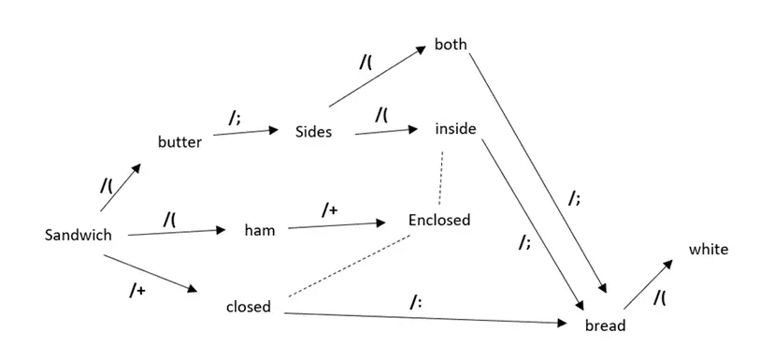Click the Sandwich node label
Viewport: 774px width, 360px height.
coord(78,236)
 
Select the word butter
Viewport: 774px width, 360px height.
coord(179,142)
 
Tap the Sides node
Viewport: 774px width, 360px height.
coord(313,132)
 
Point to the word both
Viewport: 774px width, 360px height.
coord(451,45)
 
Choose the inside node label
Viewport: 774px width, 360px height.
coord(456,129)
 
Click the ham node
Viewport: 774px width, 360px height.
coord(259,229)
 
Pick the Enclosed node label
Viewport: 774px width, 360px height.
coord(439,221)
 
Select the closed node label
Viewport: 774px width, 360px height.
coord(249,307)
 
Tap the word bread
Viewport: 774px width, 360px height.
coord(605,325)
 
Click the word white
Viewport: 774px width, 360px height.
coord(708,249)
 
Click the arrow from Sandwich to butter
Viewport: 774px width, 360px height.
coord(120,187)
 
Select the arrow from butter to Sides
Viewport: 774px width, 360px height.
coord(246,133)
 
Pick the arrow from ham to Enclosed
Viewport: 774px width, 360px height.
coord(337,224)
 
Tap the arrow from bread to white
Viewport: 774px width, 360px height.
coord(647,282)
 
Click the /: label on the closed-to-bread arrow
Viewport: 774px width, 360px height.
coord(416,301)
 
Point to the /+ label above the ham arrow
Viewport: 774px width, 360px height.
coord(329,211)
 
